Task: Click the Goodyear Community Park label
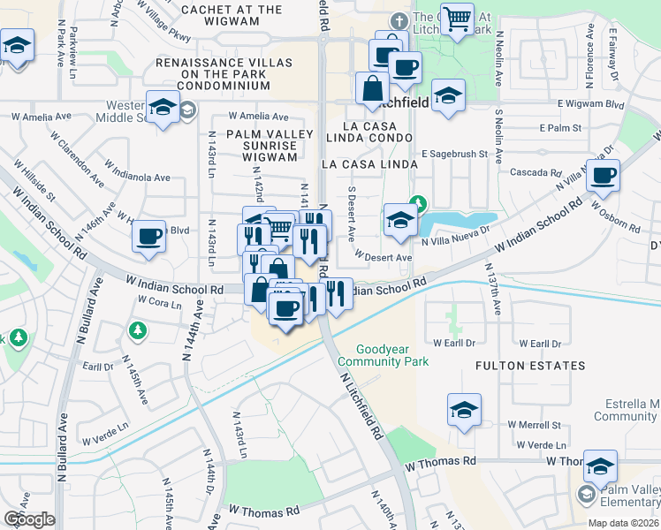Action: pos(395,355)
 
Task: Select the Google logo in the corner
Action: pos(29,519)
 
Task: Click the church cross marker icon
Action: pos(399,19)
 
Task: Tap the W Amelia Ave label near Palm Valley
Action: pos(258,117)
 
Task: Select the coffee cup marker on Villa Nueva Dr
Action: pos(603,176)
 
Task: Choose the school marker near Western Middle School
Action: pos(163,108)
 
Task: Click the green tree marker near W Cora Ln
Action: pos(137,330)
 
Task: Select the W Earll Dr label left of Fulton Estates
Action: pos(453,343)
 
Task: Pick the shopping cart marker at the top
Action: pos(457,19)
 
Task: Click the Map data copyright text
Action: pos(623,523)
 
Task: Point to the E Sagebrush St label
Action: pos(454,154)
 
